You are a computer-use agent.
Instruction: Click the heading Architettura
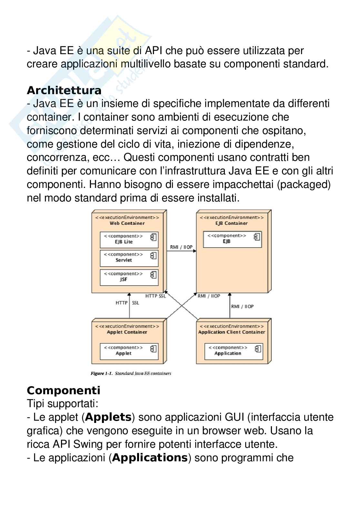point(64,91)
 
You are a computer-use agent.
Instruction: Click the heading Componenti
point(64,391)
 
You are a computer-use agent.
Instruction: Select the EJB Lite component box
point(129,239)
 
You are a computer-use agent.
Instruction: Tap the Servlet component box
point(129,258)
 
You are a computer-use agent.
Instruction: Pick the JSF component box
point(129,277)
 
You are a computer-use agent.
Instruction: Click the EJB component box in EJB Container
point(232,239)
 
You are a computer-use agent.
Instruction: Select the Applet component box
point(129,351)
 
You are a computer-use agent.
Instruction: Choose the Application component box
point(234,351)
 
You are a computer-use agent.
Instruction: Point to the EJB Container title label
point(231,223)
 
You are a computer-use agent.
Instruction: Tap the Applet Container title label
point(127,332)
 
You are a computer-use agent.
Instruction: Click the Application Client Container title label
point(231,332)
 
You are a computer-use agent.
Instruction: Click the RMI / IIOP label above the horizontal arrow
point(181,247)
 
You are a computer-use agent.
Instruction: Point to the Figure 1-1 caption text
point(131,374)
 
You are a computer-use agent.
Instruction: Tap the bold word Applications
point(150,458)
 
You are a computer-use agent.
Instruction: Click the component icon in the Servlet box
point(153,256)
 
